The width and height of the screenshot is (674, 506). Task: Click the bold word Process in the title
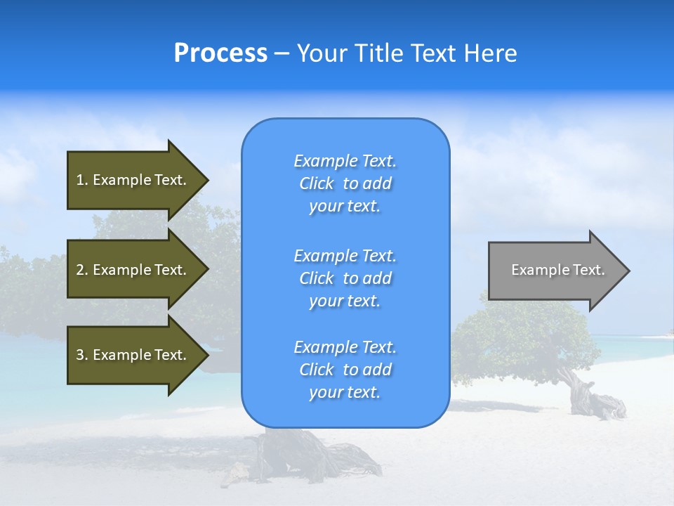(x=220, y=53)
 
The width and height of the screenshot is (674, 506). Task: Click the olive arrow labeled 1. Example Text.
(x=133, y=180)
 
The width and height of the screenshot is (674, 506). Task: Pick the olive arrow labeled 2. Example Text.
(x=133, y=270)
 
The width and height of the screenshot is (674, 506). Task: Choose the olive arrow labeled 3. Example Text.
(x=133, y=355)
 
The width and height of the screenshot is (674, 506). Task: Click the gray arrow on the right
(x=555, y=271)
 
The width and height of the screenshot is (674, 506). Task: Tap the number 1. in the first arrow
(x=82, y=180)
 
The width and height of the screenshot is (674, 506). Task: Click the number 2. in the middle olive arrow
(x=82, y=270)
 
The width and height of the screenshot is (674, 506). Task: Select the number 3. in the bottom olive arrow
(x=82, y=355)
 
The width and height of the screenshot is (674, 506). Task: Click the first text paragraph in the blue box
(x=345, y=183)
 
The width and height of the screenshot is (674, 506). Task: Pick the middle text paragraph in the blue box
(x=345, y=278)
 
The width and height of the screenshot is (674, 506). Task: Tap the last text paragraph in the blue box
(x=345, y=370)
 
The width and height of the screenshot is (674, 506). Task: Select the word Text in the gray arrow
(x=589, y=270)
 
